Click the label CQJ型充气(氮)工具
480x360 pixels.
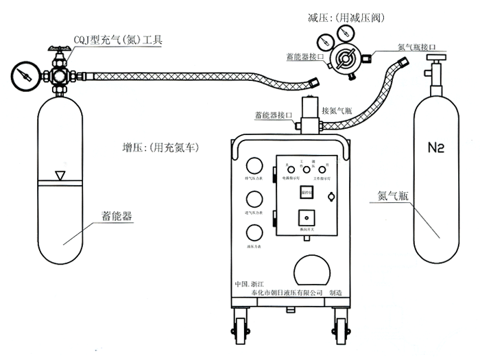coord(118,40)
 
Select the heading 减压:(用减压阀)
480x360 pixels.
coord(343,16)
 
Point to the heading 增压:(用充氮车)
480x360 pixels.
coord(159,147)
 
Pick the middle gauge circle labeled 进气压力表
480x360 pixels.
coord(254,200)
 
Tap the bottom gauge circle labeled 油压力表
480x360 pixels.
coord(254,232)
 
